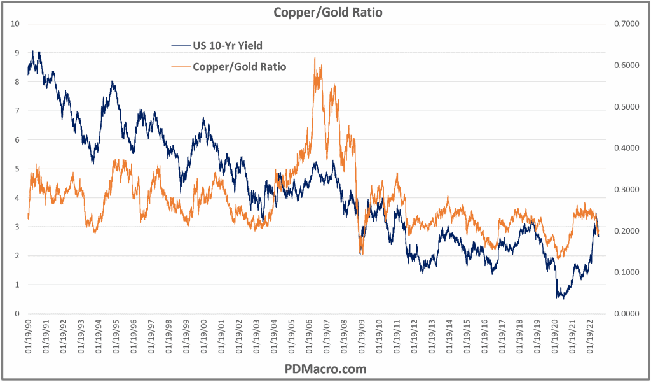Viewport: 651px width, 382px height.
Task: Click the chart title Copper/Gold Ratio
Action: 327,12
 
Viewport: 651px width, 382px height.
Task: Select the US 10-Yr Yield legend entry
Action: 226,45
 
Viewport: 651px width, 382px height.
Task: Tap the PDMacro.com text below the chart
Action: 325,369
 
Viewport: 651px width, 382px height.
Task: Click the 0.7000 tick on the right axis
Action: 626,24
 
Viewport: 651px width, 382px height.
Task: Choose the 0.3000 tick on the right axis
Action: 626,190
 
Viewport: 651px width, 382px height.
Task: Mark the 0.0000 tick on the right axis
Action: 626,314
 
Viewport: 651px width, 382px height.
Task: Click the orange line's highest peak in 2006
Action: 315,57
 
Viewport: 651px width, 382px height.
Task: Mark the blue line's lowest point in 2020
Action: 560,297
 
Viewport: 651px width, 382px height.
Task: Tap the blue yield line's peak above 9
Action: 33,51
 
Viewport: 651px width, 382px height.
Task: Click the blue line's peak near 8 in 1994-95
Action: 113,81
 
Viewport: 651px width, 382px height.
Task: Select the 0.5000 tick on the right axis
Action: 626,107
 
